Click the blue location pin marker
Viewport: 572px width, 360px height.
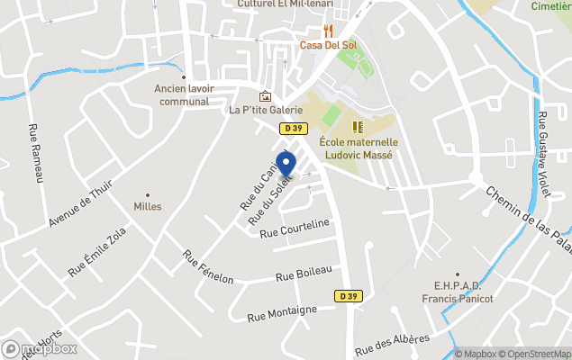(286, 165)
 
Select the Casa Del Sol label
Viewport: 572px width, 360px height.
(323, 45)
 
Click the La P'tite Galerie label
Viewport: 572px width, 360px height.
(266, 110)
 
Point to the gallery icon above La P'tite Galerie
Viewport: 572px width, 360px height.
(265, 96)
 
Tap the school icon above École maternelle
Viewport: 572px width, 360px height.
(357, 127)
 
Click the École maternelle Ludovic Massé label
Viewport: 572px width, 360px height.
(358, 148)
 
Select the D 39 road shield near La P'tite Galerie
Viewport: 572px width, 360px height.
(291, 129)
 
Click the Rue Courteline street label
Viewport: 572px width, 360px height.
(295, 230)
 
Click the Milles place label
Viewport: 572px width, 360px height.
(148, 206)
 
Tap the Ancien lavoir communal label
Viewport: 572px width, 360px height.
(183, 94)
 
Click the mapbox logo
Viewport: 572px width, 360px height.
(40, 348)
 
